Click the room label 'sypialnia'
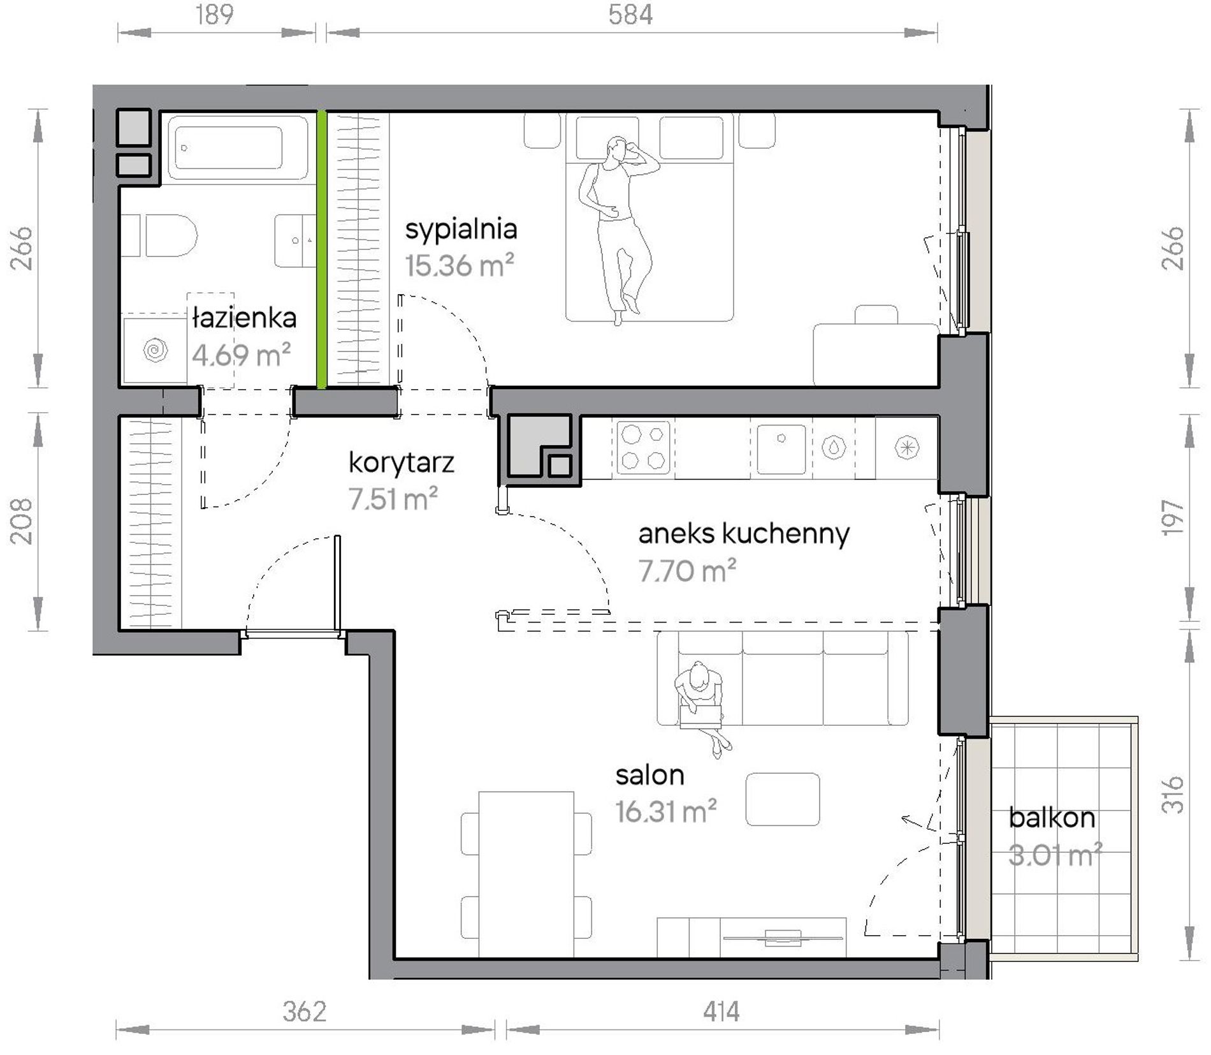pyautogui.click(x=461, y=230)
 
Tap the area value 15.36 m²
pyautogui.click(x=460, y=265)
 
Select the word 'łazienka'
pyautogui.click(x=244, y=318)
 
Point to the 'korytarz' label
pyautogui.click(x=402, y=462)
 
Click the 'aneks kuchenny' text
pyautogui.click(x=744, y=533)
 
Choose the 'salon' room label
pyautogui.click(x=649, y=775)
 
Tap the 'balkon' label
pyautogui.click(x=1052, y=818)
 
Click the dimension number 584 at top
pyautogui.click(x=630, y=14)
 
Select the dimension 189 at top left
pyautogui.click(x=215, y=14)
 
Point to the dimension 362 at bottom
pyautogui.click(x=305, y=1012)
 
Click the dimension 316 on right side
pyautogui.click(x=1173, y=794)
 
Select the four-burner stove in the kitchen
pyautogui.click(x=643, y=447)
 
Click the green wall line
pyautogui.click(x=322, y=249)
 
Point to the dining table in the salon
pyautogui.click(x=526, y=874)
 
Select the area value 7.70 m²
pyautogui.click(x=687, y=571)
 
